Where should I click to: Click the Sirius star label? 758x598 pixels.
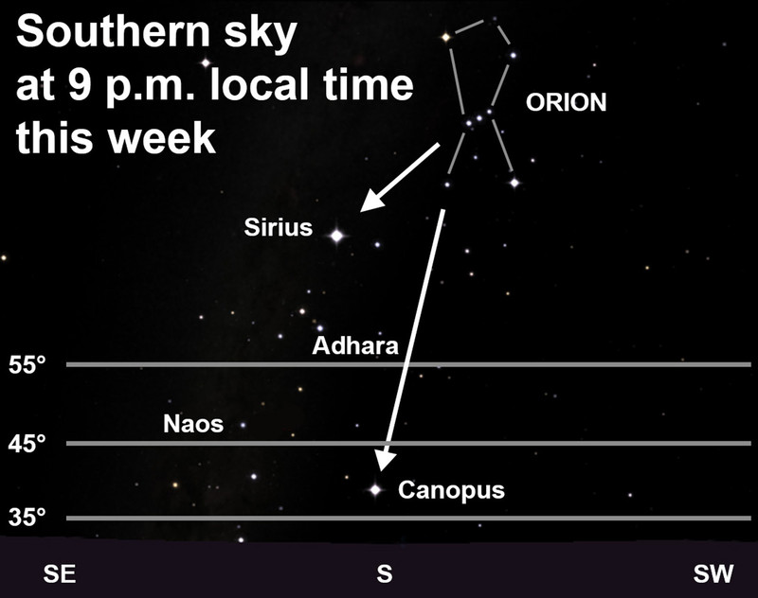(278, 227)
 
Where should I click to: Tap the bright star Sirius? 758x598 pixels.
(337, 236)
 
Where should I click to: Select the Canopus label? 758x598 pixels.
(451, 490)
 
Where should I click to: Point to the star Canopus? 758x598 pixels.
(375, 490)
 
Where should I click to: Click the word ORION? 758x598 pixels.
(566, 102)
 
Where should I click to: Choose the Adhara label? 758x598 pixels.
(355, 345)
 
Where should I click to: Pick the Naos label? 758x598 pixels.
(193, 424)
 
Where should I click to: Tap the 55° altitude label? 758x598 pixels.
(27, 365)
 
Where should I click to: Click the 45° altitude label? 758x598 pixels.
(27, 443)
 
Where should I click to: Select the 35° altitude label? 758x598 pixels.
(27, 517)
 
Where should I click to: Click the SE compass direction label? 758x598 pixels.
(60, 573)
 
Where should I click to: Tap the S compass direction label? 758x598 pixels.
(385, 573)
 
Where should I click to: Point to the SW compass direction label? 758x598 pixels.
(713, 573)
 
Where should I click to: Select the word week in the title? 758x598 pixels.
(162, 138)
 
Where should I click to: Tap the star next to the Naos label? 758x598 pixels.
(244, 425)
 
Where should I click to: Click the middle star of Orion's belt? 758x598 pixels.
(479, 117)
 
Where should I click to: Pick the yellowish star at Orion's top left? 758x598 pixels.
(445, 37)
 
